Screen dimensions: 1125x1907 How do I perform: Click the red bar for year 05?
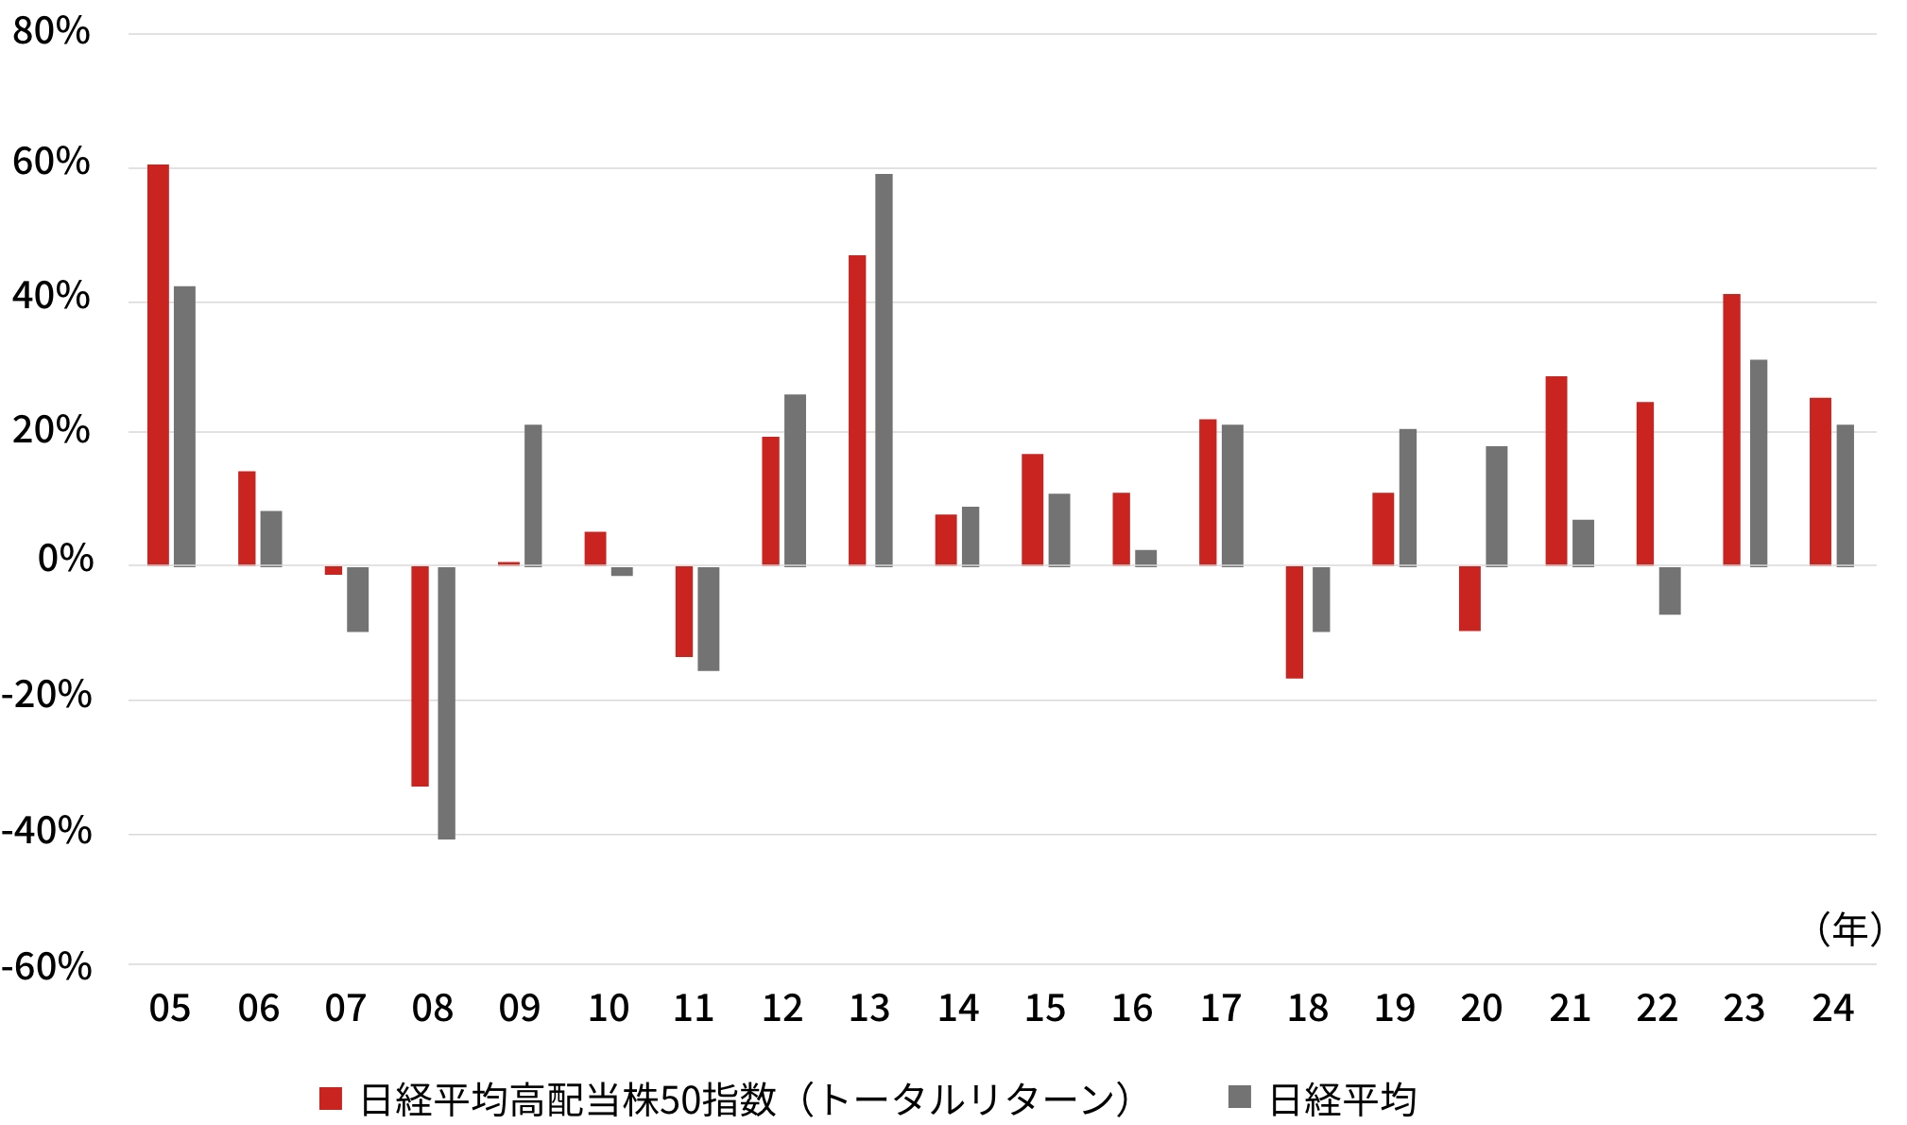point(158,365)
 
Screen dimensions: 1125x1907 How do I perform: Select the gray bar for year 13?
point(884,370)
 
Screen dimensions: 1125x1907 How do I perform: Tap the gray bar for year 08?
point(446,702)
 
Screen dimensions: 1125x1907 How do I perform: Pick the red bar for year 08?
point(420,676)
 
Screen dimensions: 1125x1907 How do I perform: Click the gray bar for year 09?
point(533,495)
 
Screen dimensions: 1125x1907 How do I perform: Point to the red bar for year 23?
point(1731,430)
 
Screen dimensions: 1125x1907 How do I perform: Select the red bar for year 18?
point(1294,622)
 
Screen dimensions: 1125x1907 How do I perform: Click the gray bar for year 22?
point(1670,591)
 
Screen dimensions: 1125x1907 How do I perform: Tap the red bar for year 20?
point(1469,598)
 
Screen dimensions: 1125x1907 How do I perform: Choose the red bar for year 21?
point(1556,471)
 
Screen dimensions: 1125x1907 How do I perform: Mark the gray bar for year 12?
point(795,480)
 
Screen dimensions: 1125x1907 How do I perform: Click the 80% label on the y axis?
point(51,32)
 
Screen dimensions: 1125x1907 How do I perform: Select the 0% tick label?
point(65,560)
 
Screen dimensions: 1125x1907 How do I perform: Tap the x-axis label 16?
point(1131,1009)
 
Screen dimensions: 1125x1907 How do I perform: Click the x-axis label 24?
point(1832,1009)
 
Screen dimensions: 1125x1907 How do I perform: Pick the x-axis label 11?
point(694,1009)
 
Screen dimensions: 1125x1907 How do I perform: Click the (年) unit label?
point(1849,929)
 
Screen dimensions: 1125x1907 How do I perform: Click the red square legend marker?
point(331,1099)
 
